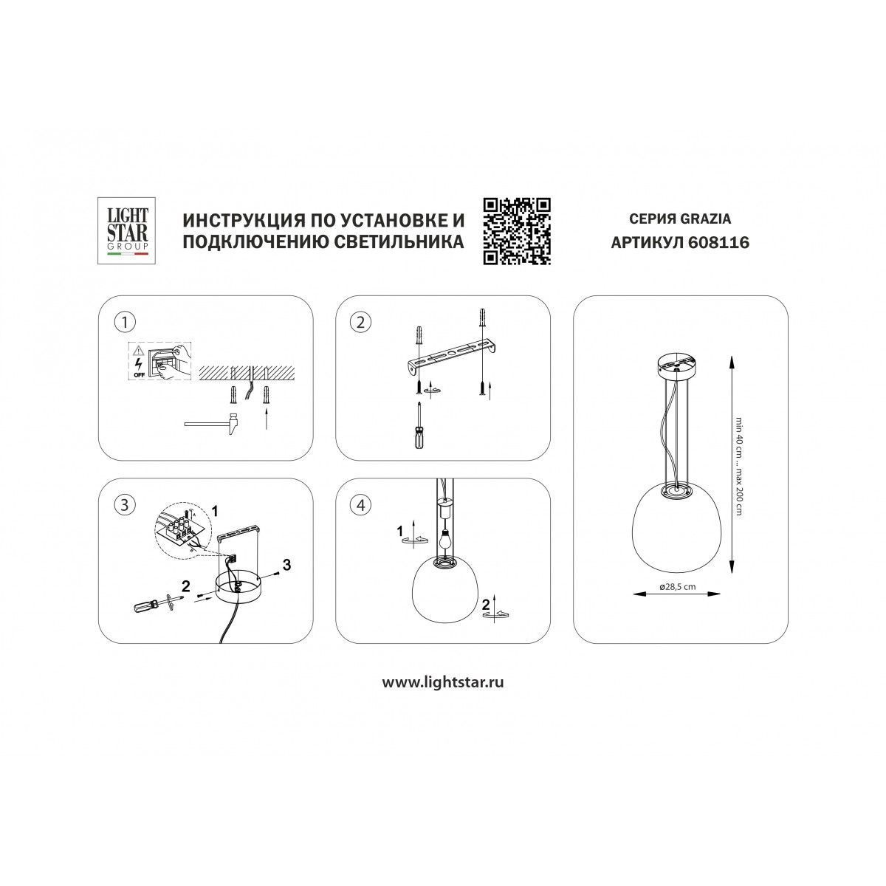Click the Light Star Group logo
(126, 231)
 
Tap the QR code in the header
(517, 231)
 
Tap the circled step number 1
(124, 323)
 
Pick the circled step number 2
(360, 323)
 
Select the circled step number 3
(124, 505)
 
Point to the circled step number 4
(360, 505)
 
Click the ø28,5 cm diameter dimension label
(677, 587)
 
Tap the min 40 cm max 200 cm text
(739, 473)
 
